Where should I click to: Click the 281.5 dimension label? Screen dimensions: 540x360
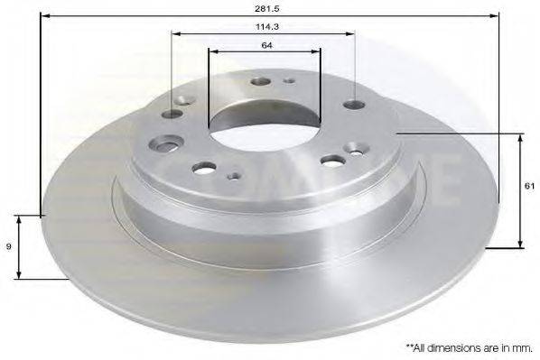click(267, 9)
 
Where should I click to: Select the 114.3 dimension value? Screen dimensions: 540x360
click(267, 26)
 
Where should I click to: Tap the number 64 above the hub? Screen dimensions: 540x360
click(267, 45)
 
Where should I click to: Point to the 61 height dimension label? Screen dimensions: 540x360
click(529, 186)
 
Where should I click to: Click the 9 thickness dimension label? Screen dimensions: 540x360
click(9, 246)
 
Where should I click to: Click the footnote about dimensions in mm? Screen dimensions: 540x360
click(469, 348)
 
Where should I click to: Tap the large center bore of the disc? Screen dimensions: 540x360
click(265, 125)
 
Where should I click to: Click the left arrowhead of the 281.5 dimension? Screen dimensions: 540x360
click(45, 16)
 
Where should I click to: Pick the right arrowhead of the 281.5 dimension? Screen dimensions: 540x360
click(494, 16)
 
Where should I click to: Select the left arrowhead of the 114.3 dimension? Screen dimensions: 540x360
click(176, 33)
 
